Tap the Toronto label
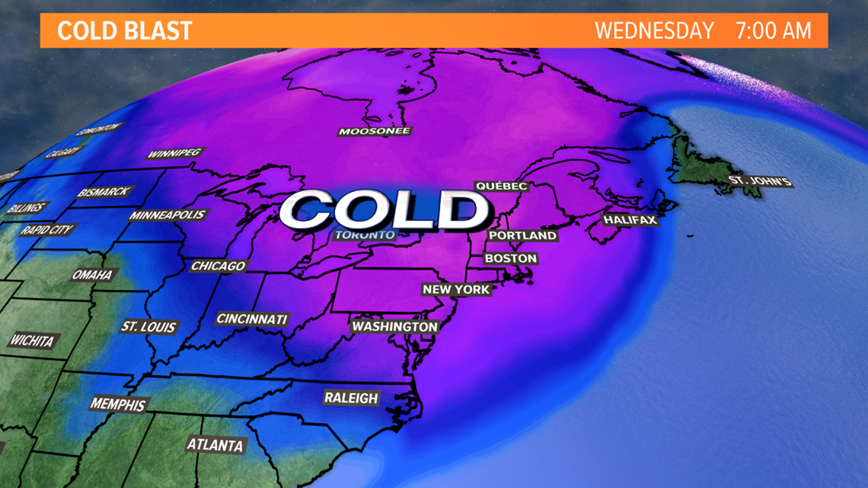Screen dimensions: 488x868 pos(365,234)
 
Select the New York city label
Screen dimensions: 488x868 pos(456,289)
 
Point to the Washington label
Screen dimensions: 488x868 pos(394,327)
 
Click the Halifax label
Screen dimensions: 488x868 pos(630,219)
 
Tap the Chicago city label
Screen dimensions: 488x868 pos(219,266)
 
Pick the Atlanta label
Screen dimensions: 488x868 pos(216,445)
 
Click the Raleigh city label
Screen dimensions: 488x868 pos(351,397)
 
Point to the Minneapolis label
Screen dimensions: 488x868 pos(168,215)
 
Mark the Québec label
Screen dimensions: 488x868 pos(500,186)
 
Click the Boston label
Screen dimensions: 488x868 pos(511,259)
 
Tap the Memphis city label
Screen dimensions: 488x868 pos(118,403)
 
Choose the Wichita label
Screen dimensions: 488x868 pos(31,340)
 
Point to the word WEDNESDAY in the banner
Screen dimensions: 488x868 pos(654,31)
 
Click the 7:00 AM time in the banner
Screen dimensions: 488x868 pos(773,31)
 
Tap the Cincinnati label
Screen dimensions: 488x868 pos(251,319)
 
